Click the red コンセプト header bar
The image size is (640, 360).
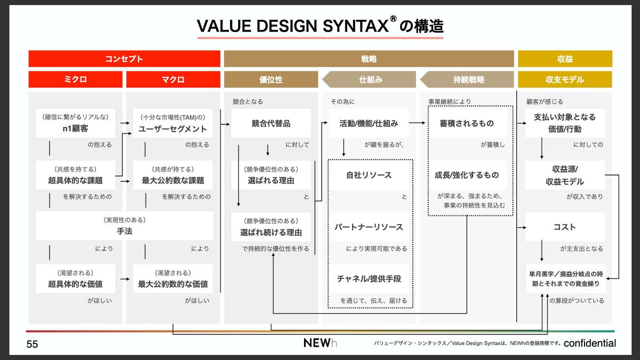point(124,59)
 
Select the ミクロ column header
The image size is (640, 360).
point(75,79)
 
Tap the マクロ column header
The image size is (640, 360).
point(173,79)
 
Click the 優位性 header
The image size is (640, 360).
point(271,79)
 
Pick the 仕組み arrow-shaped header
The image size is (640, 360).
point(369,79)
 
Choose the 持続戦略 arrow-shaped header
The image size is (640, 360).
point(467,79)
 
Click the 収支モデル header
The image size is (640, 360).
point(565,79)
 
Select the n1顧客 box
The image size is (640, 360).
point(75,123)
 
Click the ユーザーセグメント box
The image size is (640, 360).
point(173,123)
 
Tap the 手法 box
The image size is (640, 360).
point(125,226)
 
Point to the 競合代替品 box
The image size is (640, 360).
point(271,123)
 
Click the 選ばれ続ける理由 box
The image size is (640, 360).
point(271,227)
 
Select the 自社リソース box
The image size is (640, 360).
point(369,175)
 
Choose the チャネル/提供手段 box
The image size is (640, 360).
point(369,278)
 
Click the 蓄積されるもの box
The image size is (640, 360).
point(467,123)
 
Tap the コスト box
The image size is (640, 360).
point(565,227)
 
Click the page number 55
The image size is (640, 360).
point(32,344)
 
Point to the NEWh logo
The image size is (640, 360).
point(320,343)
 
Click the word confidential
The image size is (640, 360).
point(590,343)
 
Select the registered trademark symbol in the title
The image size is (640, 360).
point(394,19)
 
